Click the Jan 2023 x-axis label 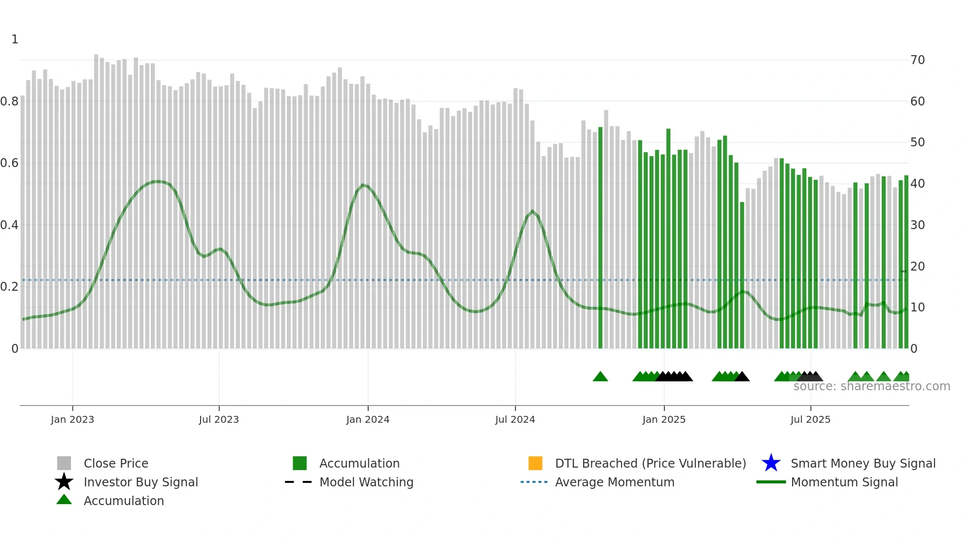click(72, 419)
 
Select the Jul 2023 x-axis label click(219, 419)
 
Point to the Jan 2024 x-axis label click(368, 419)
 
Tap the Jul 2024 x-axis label click(515, 419)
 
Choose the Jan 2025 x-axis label click(664, 419)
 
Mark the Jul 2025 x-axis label click(810, 419)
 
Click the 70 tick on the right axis click(918, 60)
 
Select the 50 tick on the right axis click(918, 142)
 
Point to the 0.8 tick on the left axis click(9, 102)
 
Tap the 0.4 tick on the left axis click(9, 225)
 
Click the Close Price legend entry click(116, 463)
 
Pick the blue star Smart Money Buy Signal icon click(771, 463)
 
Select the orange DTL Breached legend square click(535, 463)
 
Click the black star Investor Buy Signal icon click(64, 482)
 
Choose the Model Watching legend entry click(366, 482)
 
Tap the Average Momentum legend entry click(615, 482)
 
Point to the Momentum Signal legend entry click(844, 482)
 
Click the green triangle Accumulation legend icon click(64, 500)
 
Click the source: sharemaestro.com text click(871, 386)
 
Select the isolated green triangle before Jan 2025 click(600, 377)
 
